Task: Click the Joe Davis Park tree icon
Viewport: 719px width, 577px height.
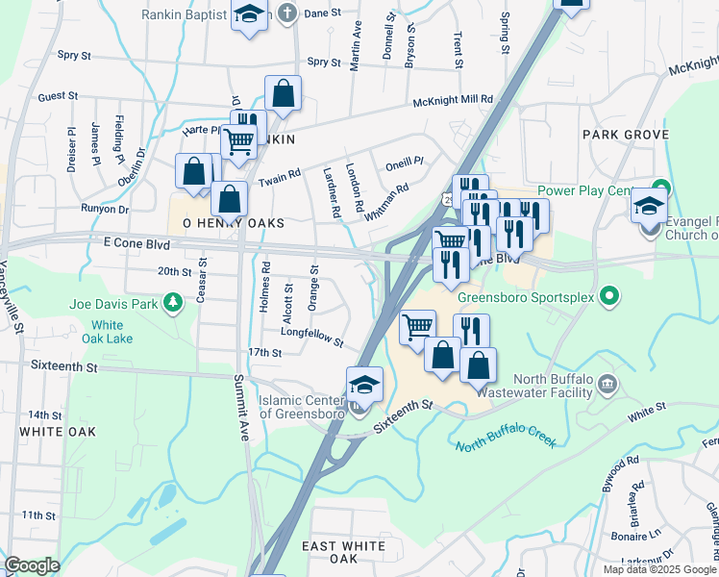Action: [173, 304]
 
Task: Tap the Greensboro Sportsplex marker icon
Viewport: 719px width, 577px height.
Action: [607, 294]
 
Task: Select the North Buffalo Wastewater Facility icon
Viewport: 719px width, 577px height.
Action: [607, 386]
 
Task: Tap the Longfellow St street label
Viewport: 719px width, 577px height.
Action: [311, 339]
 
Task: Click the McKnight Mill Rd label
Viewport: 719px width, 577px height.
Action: [452, 100]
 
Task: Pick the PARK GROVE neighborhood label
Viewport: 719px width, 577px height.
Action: [624, 135]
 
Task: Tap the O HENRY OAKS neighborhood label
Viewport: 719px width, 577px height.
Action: [228, 223]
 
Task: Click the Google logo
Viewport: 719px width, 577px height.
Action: [32, 565]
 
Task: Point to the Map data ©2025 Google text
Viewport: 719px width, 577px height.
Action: [658, 569]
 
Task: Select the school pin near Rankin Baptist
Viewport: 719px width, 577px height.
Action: [250, 15]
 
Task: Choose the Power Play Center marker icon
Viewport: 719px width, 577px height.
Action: [659, 187]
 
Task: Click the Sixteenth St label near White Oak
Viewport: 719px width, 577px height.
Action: [64, 366]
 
